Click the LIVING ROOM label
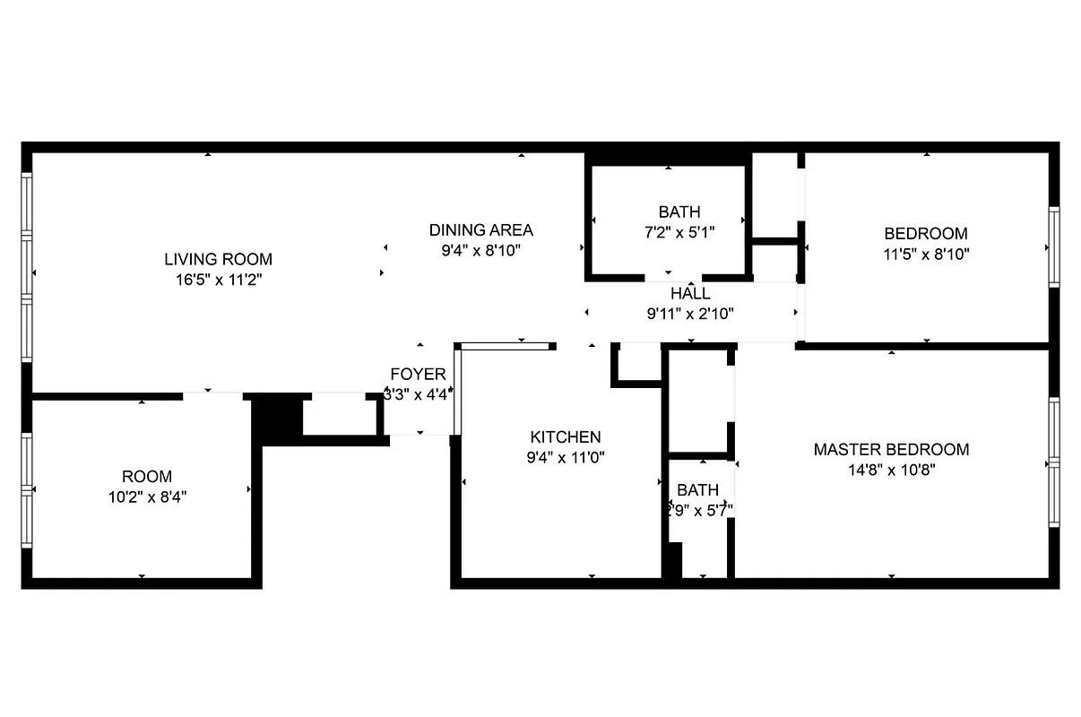pyautogui.click(x=218, y=259)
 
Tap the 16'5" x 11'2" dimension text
pyautogui.click(x=218, y=280)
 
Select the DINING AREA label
pyautogui.click(x=480, y=230)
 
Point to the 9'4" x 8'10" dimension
pyautogui.click(x=480, y=251)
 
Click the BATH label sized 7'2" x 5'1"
pyautogui.click(x=679, y=212)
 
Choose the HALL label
pyautogui.click(x=690, y=293)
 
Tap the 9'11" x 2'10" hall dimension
pyautogui.click(x=690, y=314)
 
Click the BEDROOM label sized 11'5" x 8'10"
pyautogui.click(x=926, y=234)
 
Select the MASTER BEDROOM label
pyautogui.click(x=891, y=449)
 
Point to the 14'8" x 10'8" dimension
pyautogui.click(x=891, y=470)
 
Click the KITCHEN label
pyautogui.click(x=566, y=437)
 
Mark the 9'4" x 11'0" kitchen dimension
pyautogui.click(x=566, y=458)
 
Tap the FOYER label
pyautogui.click(x=418, y=375)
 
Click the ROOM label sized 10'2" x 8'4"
pyautogui.click(x=147, y=477)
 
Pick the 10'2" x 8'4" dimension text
pyautogui.click(x=147, y=497)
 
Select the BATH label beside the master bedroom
pyautogui.click(x=697, y=490)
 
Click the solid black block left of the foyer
pyautogui.click(x=278, y=418)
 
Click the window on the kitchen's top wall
pyautogui.click(x=505, y=345)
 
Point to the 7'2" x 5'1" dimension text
pyautogui.click(x=679, y=233)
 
